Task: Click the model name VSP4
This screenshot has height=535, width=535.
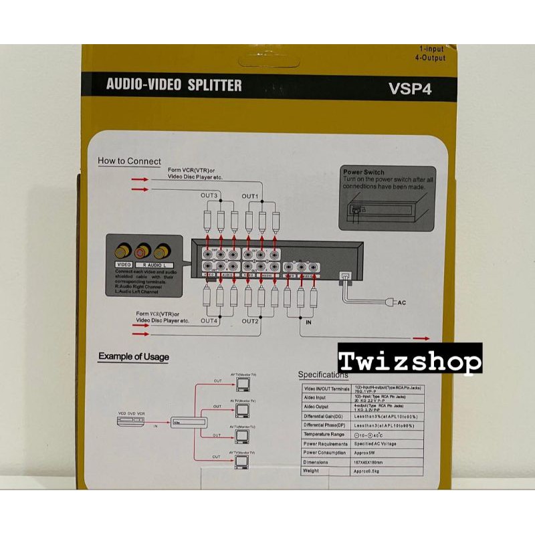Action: pyautogui.click(x=409, y=89)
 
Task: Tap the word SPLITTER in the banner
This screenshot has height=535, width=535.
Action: pyautogui.click(x=210, y=86)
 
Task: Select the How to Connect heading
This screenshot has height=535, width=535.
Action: pyautogui.click(x=129, y=160)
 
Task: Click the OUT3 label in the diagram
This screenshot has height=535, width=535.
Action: pyautogui.click(x=210, y=195)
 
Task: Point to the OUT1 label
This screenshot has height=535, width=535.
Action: pyautogui.click(x=250, y=195)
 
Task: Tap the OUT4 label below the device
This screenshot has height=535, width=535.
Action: pyautogui.click(x=209, y=321)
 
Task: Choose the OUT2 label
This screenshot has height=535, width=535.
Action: pyautogui.click(x=250, y=321)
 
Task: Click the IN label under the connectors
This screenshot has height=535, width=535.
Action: pyautogui.click(x=308, y=322)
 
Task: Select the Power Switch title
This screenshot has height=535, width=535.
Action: pyautogui.click(x=364, y=172)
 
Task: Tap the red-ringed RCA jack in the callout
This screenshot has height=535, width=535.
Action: pyautogui.click(x=142, y=253)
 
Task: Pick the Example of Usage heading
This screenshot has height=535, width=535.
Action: pyautogui.click(x=134, y=356)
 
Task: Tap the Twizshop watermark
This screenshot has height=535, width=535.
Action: pyautogui.click(x=410, y=361)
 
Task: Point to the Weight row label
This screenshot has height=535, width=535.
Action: pyautogui.click(x=312, y=471)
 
